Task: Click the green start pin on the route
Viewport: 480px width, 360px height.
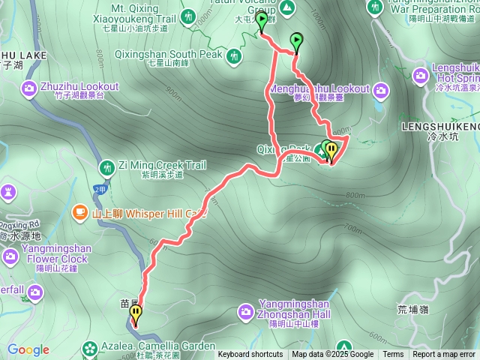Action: click(x=261, y=21)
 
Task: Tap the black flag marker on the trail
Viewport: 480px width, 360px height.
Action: click(x=296, y=41)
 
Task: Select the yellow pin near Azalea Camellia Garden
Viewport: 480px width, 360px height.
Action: click(x=136, y=313)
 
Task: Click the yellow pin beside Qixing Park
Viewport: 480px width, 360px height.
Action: click(x=331, y=151)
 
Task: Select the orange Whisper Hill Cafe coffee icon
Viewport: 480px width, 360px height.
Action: click(x=80, y=213)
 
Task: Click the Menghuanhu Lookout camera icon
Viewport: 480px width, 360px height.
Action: click(x=382, y=91)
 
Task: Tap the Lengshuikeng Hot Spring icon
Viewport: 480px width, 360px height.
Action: click(x=421, y=75)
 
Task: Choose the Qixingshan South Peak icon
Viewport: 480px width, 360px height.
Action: click(x=235, y=55)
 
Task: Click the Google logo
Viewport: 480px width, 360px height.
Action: click(x=28, y=349)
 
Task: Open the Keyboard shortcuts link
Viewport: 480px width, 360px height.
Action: click(x=250, y=355)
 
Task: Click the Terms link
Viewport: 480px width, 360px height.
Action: click(x=393, y=355)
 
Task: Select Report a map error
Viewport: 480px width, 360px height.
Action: click(x=444, y=355)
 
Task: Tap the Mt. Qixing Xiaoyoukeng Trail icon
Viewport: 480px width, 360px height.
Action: click(x=188, y=15)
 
